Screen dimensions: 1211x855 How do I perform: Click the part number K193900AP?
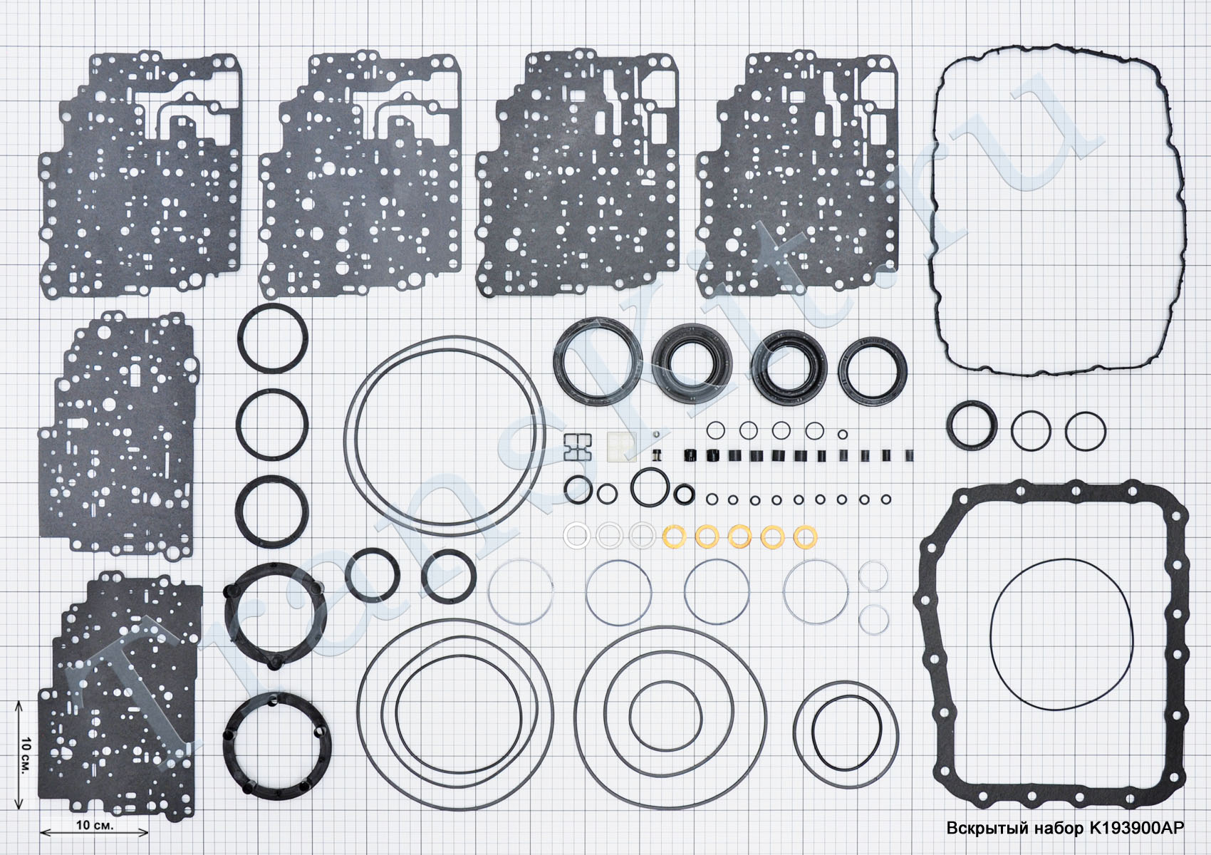1137,828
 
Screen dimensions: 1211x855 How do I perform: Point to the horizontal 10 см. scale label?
95,824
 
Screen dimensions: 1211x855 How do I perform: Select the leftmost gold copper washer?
674,537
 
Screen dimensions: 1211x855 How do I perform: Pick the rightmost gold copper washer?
805,537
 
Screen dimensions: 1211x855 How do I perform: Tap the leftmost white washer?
576,536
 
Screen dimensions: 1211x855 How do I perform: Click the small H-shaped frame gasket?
578,447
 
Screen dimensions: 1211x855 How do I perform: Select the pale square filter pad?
622,447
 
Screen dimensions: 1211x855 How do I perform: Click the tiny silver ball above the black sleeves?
656,434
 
